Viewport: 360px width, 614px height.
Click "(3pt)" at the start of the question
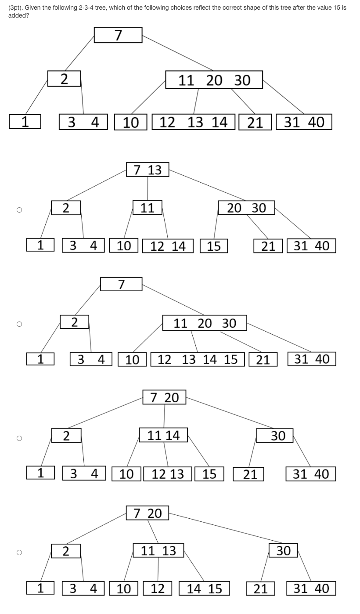tap(15, 8)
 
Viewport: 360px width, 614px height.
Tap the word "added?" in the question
tap(18, 15)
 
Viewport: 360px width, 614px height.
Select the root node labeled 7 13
tap(148, 170)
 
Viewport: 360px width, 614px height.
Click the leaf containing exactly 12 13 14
tap(194, 122)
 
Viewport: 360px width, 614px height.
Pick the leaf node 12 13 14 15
tap(198, 359)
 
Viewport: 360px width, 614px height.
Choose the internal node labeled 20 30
tap(246, 208)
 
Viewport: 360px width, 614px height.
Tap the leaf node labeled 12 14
tap(168, 246)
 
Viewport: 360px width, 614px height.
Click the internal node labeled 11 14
tap(163, 435)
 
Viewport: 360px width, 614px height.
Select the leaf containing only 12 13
tap(168, 474)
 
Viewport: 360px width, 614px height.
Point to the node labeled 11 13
tap(158, 551)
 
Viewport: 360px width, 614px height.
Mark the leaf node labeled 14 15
tap(204, 589)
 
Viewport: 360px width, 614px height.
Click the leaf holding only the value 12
tap(158, 589)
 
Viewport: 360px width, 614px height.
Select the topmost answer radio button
tap(19, 210)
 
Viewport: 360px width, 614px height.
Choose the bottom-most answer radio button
tap(19, 553)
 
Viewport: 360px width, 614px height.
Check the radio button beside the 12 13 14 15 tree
tap(19, 324)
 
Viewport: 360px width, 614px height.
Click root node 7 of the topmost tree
tap(118, 35)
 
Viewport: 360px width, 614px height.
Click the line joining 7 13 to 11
tap(148, 188)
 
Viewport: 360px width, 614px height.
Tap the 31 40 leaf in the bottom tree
tap(311, 589)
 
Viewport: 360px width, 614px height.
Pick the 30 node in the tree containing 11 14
tap(278, 436)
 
